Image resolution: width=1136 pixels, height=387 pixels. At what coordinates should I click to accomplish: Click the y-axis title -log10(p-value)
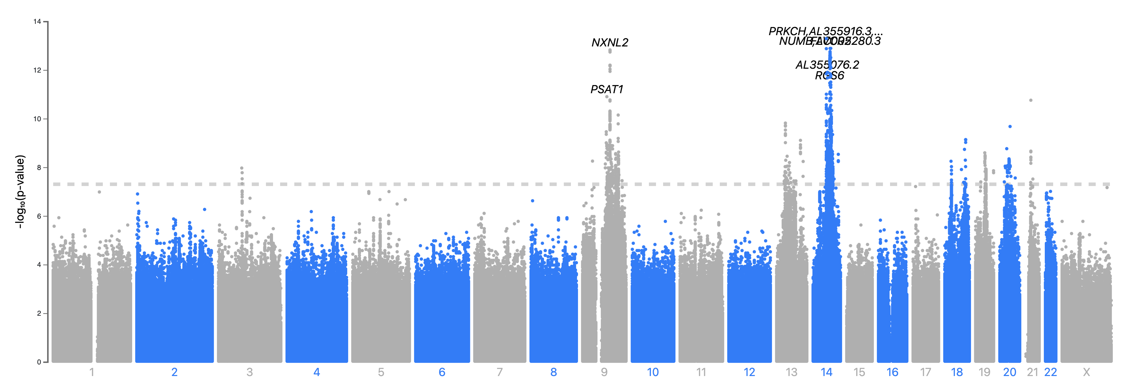pyautogui.click(x=20, y=192)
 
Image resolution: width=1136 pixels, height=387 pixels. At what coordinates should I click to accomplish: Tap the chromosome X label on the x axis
pyautogui.click(x=1086, y=372)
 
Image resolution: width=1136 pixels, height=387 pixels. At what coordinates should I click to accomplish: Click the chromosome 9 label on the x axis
pyautogui.click(x=604, y=372)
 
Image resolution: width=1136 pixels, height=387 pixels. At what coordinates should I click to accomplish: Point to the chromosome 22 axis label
pyautogui.click(x=1051, y=372)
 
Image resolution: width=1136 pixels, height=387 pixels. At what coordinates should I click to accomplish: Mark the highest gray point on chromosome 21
pyautogui.click(x=1031, y=100)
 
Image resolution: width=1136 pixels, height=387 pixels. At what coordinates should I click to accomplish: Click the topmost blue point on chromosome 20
pyautogui.click(x=1010, y=127)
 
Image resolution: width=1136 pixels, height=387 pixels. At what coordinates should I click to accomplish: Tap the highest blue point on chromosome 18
pyautogui.click(x=965, y=140)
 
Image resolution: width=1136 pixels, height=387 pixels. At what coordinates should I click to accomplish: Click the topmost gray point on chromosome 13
pyautogui.click(x=785, y=123)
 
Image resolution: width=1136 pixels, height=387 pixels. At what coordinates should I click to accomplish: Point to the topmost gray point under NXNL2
pyautogui.click(x=610, y=51)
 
